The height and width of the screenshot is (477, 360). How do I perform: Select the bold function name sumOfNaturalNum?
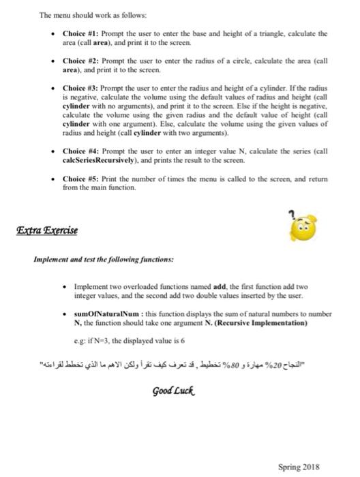(100, 315)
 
